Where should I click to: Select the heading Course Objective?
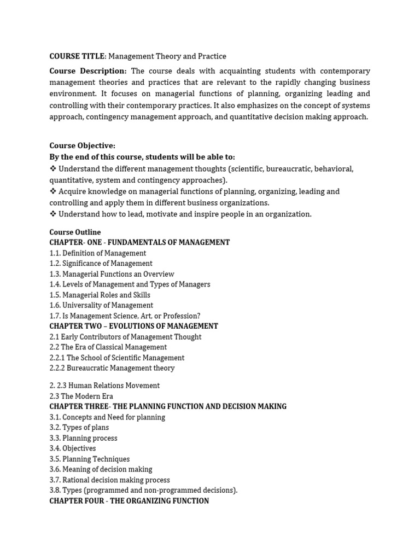tap(82, 145)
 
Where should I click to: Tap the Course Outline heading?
tap(75, 232)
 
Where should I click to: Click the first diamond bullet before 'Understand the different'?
tap(53, 168)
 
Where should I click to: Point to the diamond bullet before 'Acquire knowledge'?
tap(53, 191)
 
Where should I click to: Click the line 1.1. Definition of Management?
tap(97, 253)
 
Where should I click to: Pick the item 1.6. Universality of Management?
tap(101, 305)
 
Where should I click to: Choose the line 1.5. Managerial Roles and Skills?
tap(100, 295)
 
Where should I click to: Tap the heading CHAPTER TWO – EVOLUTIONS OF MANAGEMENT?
tap(133, 326)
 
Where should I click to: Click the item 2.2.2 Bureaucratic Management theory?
tap(112, 368)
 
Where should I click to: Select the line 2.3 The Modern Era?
tap(81, 396)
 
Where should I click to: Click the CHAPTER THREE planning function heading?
tap(167, 406)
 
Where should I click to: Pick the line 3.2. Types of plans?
tap(79, 428)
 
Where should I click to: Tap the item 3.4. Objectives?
tap(72, 448)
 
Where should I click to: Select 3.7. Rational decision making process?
tap(109, 480)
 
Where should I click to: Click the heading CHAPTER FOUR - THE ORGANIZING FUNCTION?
tap(129, 500)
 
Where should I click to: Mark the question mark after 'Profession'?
tap(198, 316)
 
